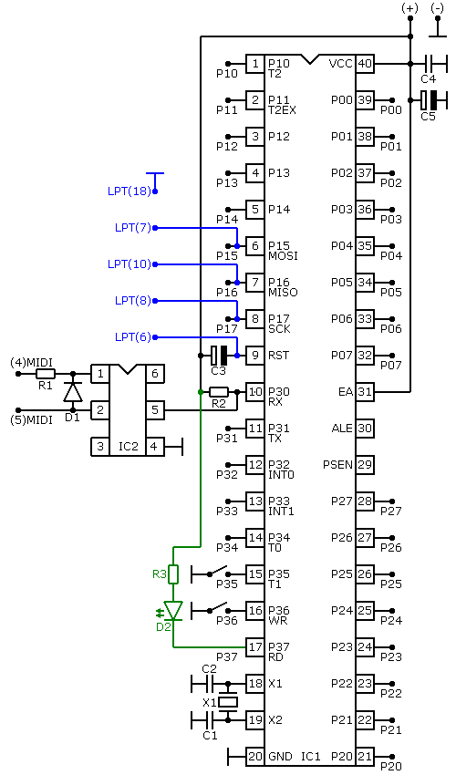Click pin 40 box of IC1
tap(365, 64)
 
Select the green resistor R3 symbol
tap(173, 574)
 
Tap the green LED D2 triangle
tap(173, 610)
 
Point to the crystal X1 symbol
tap(228, 702)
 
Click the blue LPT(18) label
tap(130, 191)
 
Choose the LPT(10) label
tap(130, 264)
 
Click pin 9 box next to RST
tap(255, 356)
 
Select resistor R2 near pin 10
tap(219, 392)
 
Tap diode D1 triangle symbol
tap(74, 392)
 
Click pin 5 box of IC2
tap(155, 410)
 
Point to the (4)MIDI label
tap(32, 363)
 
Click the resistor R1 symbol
tap(46, 374)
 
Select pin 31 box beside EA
tap(365, 392)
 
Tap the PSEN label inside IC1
tap(337, 465)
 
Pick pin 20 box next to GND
tap(255, 756)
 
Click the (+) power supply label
tap(409, 8)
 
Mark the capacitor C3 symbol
tap(219, 356)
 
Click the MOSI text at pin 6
tap(283, 256)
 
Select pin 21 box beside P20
tap(365, 756)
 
